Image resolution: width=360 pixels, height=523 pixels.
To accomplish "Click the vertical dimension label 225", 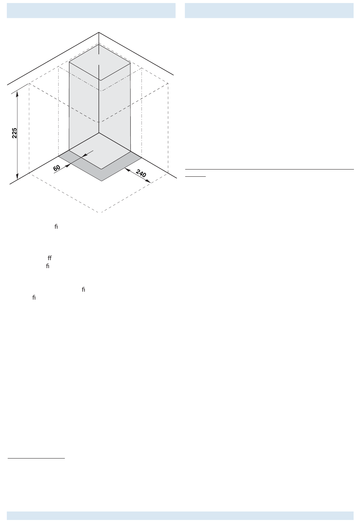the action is pyautogui.click(x=14, y=133).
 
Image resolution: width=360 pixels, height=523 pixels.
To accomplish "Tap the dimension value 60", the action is pyautogui.click(x=57, y=167).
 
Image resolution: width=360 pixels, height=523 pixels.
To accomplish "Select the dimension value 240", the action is pyautogui.click(x=141, y=174).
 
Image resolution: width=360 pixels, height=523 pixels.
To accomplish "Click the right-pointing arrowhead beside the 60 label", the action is pyautogui.click(x=67, y=165).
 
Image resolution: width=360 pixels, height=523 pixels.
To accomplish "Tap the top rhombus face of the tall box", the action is pyautogui.click(x=100, y=62).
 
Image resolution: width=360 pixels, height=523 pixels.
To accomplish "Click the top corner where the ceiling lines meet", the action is pyautogui.click(x=99, y=33).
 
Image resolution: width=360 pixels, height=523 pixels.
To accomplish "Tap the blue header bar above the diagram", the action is pyautogui.click(x=91, y=11).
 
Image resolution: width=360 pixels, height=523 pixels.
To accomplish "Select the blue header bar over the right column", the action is pyautogui.click(x=269, y=11).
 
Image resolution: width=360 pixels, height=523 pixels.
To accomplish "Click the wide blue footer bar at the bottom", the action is pyautogui.click(x=180, y=515).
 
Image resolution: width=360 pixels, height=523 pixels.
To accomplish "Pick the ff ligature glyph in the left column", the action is pyautogui.click(x=49, y=258).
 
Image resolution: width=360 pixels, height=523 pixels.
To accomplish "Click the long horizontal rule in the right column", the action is pyautogui.click(x=269, y=169).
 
